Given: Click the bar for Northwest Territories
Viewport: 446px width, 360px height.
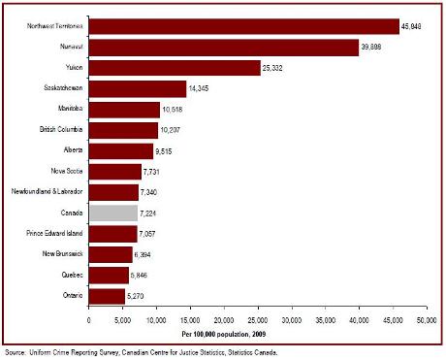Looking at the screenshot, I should pyautogui.click(x=242, y=26).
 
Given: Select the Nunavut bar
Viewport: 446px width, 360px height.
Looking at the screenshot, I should pyautogui.click(x=223, y=48).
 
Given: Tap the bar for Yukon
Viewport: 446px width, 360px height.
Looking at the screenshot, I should pyautogui.click(x=175, y=68).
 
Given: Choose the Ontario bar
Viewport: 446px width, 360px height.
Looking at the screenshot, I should pyautogui.click(x=107, y=294).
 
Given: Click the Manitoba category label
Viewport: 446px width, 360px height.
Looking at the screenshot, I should pyautogui.click(x=66, y=110).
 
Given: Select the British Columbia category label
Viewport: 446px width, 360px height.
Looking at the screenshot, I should pyautogui.click(x=59, y=130).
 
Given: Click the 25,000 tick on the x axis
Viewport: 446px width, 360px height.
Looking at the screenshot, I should pyautogui.click(x=257, y=317).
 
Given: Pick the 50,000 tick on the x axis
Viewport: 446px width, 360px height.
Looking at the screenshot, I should pyautogui.click(x=426, y=317).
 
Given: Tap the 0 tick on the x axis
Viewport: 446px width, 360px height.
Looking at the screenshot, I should pyautogui.click(x=88, y=317).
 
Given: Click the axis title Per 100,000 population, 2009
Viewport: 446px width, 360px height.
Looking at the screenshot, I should pyautogui.click(x=256, y=332).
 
